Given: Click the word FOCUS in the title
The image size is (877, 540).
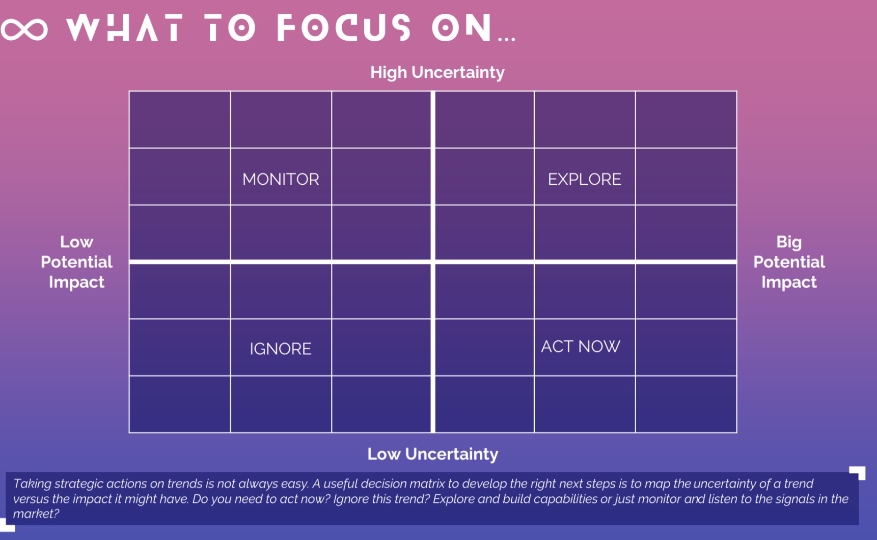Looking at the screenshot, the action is pos(344,27).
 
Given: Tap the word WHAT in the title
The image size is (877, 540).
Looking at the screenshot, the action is pos(124,27).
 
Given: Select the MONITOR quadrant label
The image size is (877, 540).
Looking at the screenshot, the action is pos(281,179).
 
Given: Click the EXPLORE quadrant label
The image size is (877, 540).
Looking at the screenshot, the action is pos(584,179).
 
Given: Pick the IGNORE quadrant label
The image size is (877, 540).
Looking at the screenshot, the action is pos(281,349).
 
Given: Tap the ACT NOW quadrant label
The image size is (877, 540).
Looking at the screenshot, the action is pos(581,347).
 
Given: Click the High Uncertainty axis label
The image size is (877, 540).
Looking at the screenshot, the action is pos(437,72).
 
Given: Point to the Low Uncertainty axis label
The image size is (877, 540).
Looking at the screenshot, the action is pos(433,454).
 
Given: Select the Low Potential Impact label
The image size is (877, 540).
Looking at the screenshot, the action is pos(76,262).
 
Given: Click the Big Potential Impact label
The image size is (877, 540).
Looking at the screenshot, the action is pos(789,262).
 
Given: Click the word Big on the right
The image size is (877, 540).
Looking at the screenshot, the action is pos(789,242).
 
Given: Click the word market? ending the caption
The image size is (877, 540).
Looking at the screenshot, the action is pos(36,514).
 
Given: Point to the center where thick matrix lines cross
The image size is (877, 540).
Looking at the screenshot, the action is pos(433,262).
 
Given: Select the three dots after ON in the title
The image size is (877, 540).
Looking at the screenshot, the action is pos(507,39).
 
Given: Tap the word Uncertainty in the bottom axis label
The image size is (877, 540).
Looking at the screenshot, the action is pos(452,454).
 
